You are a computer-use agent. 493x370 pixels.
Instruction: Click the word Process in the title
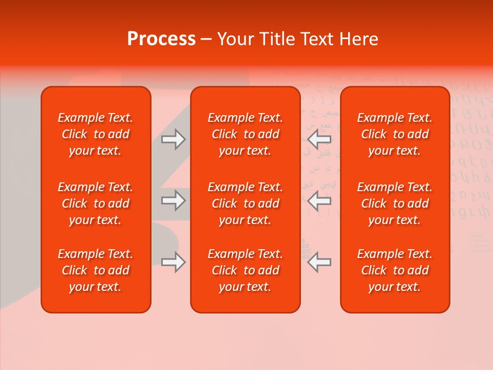(161, 39)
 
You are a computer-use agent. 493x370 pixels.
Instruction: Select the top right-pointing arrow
(173, 139)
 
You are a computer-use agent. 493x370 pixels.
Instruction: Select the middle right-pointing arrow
(173, 200)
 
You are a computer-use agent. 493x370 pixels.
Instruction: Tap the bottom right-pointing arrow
(173, 262)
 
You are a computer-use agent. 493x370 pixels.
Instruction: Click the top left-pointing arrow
(319, 139)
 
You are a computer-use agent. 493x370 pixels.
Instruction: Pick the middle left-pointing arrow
(319, 200)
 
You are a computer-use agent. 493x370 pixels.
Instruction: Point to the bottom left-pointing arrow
(319, 262)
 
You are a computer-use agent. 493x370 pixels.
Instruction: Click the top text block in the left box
(96, 134)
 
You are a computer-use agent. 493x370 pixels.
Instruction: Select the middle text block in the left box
(96, 203)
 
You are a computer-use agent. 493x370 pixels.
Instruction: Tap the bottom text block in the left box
(96, 270)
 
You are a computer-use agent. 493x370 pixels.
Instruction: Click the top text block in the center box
(245, 134)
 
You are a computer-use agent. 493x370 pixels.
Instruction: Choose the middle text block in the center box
(245, 203)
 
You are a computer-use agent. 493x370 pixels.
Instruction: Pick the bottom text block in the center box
(245, 270)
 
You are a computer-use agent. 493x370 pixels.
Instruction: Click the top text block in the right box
(395, 134)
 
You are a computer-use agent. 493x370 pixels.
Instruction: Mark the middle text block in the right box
(395, 203)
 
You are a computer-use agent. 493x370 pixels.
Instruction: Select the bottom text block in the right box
(395, 270)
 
